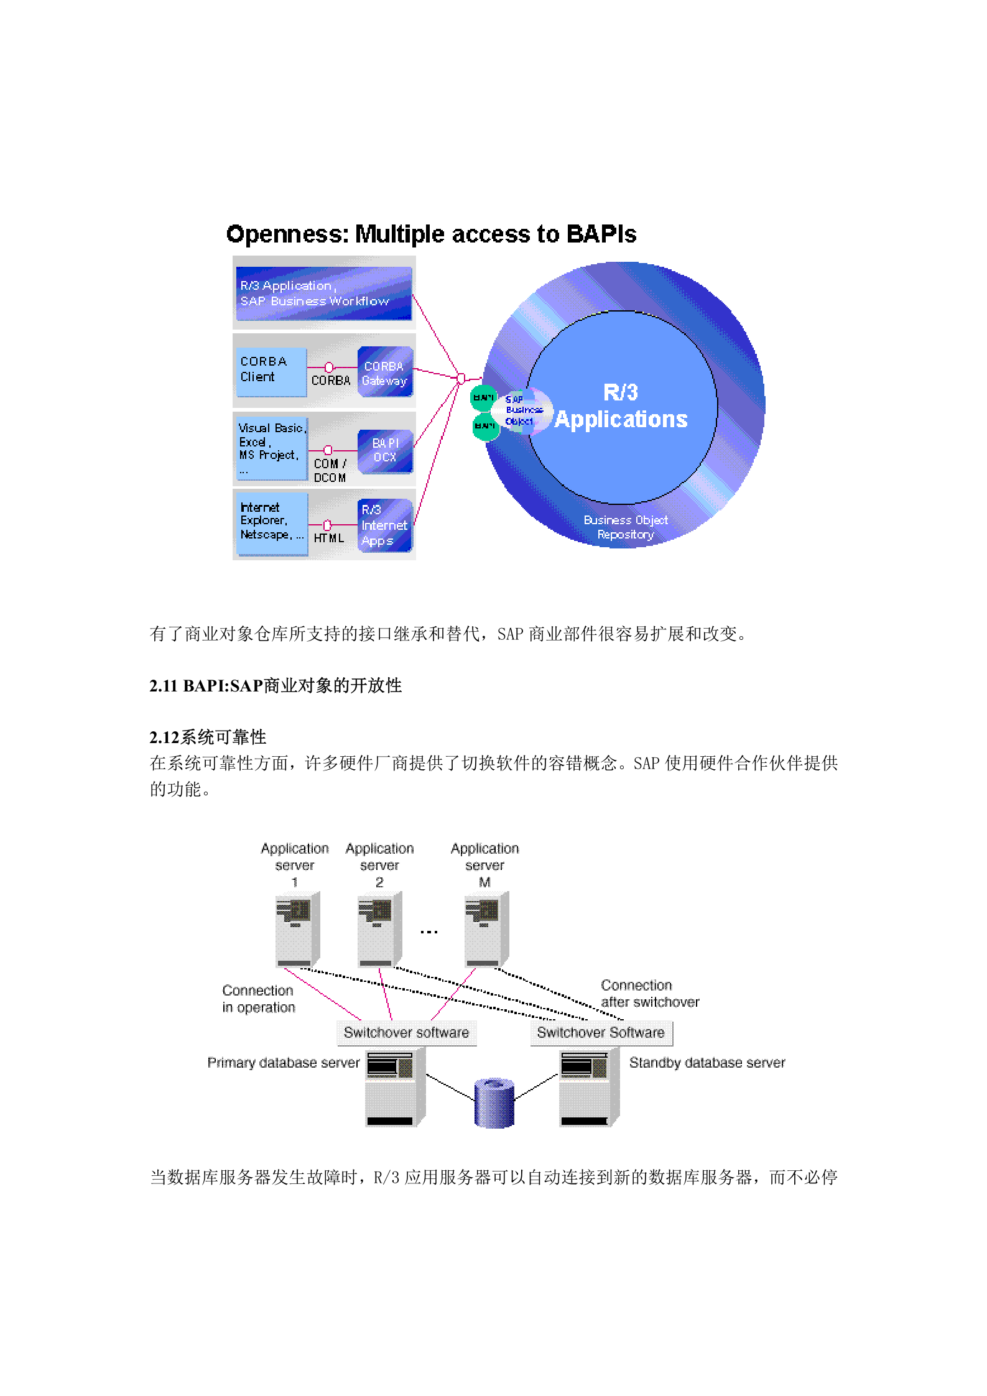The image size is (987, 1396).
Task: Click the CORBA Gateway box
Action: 384,372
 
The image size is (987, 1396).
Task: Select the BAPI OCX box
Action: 385,450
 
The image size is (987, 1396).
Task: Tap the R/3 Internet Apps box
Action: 384,525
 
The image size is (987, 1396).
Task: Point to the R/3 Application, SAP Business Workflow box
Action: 323,294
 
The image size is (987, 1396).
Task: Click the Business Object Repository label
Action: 625,527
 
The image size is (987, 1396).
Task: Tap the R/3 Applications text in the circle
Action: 621,407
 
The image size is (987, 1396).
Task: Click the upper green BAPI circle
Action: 483,398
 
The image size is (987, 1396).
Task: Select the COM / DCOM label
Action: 330,471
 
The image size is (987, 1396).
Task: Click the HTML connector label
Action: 328,539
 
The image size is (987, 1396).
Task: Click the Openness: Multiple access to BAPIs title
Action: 431,234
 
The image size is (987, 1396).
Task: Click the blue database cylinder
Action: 494,1103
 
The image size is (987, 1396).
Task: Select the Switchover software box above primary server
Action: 406,1033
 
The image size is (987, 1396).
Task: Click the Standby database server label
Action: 707,1063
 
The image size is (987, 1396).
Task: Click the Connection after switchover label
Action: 649,994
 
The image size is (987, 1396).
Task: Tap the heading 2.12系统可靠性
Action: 208,737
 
